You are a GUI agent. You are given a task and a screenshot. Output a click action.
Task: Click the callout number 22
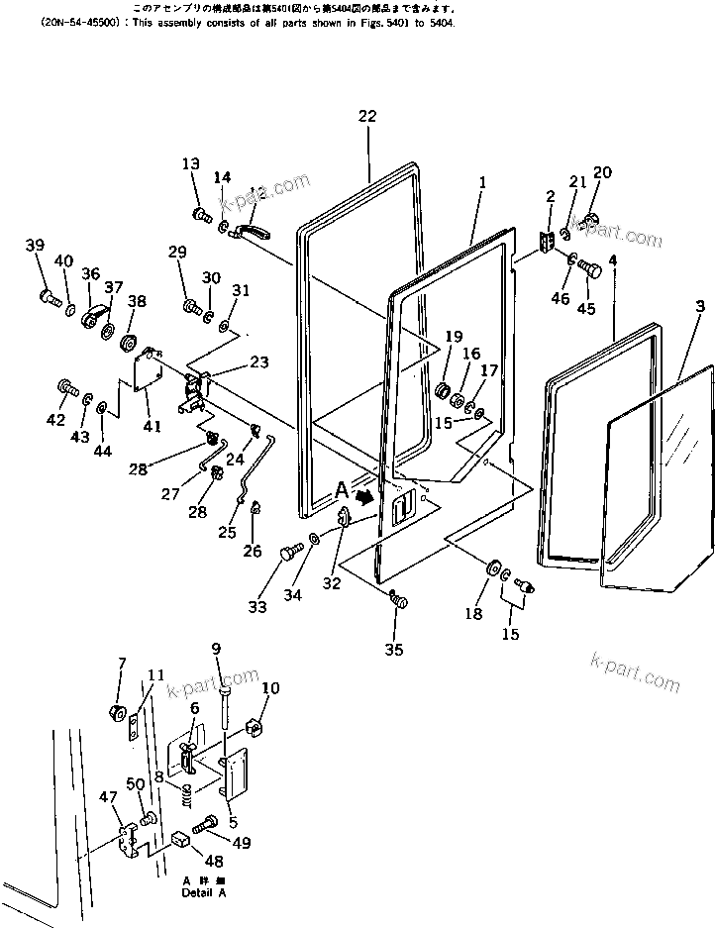[x=367, y=116]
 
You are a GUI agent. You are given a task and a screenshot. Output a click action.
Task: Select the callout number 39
[x=35, y=246]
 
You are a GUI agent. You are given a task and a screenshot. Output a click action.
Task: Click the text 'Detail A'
[x=203, y=892]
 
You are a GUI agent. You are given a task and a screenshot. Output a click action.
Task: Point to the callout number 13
[x=190, y=163]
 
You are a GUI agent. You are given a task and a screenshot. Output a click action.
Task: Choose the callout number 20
[x=602, y=172]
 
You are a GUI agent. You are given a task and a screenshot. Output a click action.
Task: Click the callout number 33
[x=257, y=607]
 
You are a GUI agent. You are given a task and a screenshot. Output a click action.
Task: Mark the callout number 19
[x=454, y=336]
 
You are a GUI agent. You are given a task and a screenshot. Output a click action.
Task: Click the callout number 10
[x=270, y=688]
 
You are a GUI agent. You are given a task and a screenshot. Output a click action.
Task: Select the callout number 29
[x=177, y=253]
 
